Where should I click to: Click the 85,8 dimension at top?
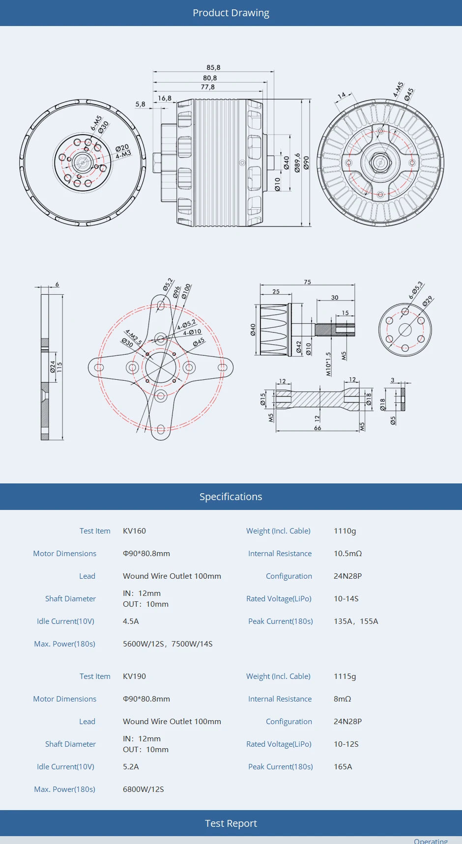[213, 68]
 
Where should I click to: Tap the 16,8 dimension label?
[165, 98]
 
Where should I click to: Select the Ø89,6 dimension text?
[297, 163]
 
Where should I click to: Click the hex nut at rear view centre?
[380, 162]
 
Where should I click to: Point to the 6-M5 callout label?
[96, 123]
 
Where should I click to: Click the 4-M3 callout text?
[123, 155]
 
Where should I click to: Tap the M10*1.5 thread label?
[328, 364]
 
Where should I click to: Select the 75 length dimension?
[307, 282]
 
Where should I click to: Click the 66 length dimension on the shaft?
[318, 428]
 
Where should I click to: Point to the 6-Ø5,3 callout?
[416, 290]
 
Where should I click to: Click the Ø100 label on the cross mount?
[186, 291]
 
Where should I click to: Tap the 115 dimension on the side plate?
[59, 367]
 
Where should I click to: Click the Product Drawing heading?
[231, 13]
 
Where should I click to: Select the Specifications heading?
[231, 497]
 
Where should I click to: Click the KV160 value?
[134, 531]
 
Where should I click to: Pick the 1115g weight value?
[345, 676]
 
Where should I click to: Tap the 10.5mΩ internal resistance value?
[347, 554]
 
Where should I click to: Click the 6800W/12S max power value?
[143, 789]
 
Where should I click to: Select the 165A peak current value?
[343, 767]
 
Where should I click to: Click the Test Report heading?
[231, 823]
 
